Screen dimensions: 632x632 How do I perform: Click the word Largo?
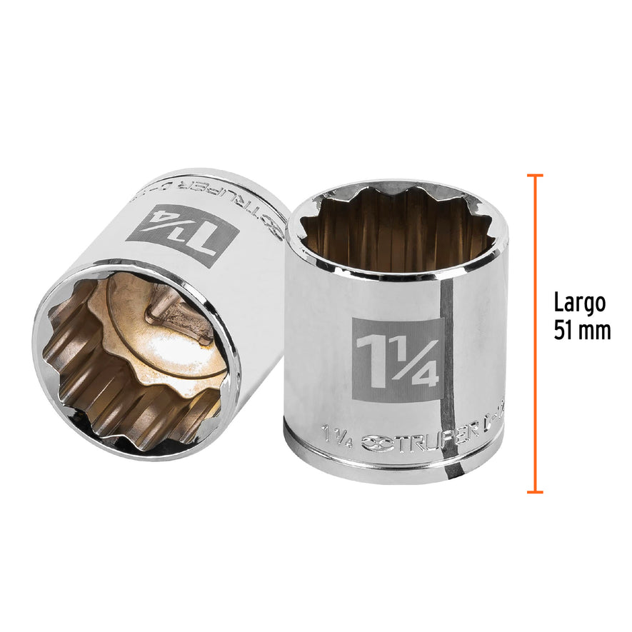click(x=579, y=304)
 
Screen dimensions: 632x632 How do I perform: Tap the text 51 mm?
click(x=582, y=331)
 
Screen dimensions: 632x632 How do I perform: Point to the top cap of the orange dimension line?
click(x=534, y=175)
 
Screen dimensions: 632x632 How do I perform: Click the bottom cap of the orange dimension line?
click(x=534, y=491)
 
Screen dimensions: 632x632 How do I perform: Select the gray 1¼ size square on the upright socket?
click(x=398, y=360)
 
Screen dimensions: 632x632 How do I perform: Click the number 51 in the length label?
click(x=564, y=331)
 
